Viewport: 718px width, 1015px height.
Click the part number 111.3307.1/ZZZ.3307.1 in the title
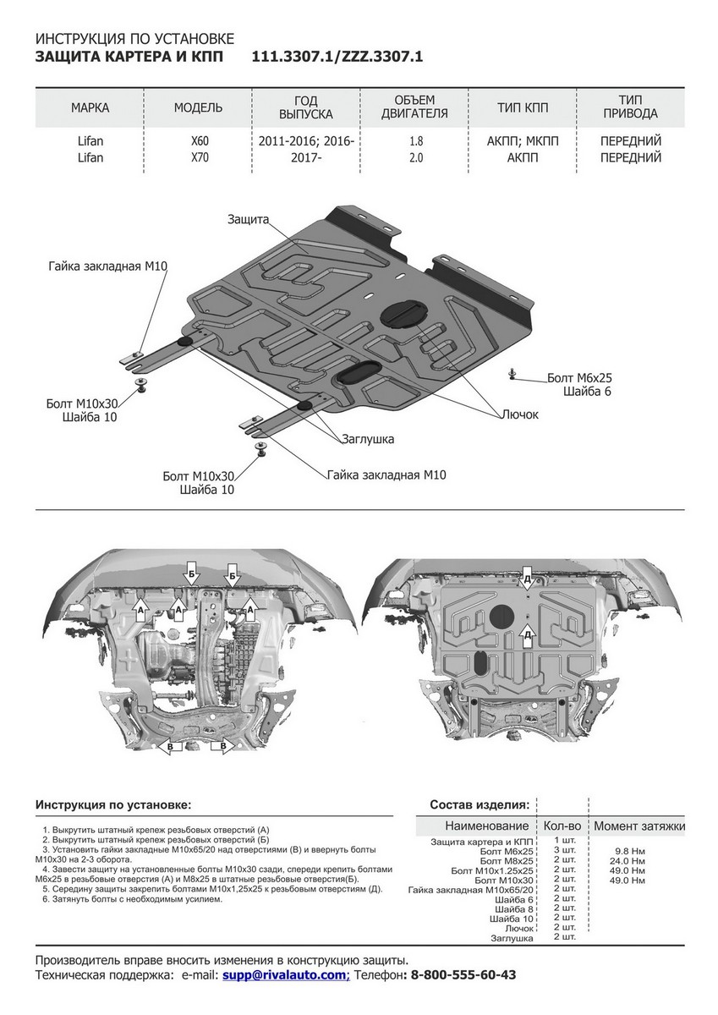point(337,58)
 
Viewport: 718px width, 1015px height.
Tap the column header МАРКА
point(90,107)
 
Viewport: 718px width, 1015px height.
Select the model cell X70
point(198,157)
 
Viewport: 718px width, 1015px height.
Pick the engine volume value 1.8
point(414,141)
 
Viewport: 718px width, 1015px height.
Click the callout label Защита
point(248,219)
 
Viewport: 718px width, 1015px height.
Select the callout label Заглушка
point(368,440)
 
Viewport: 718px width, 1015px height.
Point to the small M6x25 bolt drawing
point(512,372)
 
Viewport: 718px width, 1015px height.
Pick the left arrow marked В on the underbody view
point(170,746)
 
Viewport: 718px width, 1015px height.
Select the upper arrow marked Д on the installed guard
point(527,577)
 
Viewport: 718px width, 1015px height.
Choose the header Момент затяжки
point(639,826)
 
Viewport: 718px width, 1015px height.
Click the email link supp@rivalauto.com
point(285,974)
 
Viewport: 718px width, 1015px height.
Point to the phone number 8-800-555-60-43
point(463,974)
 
